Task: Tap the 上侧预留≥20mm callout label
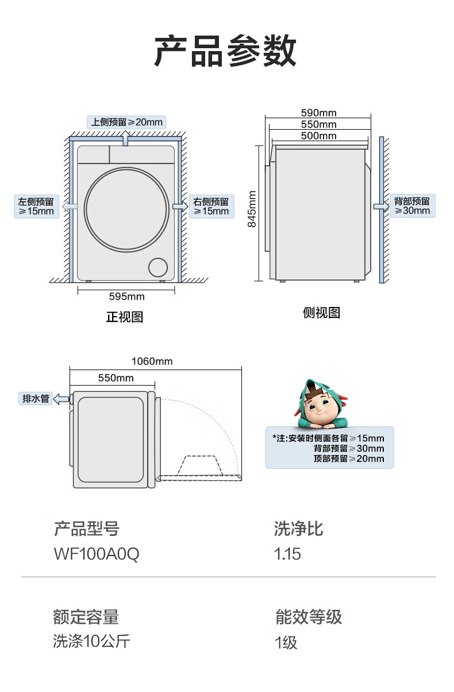tap(126, 122)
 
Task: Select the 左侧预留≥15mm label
tap(36, 207)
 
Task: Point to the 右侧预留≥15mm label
tap(211, 207)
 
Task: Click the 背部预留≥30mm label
tap(411, 206)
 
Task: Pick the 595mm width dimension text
tap(127, 297)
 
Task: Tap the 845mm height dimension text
tap(252, 208)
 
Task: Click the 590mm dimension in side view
tap(319, 112)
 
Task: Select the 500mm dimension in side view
tap(319, 136)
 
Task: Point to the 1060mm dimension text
tap(152, 361)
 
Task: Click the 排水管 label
tap(36, 398)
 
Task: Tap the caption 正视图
tap(125, 317)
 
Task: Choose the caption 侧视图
tap(321, 313)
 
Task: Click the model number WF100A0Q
tap(97, 554)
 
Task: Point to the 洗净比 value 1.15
tap(288, 554)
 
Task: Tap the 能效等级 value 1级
tap(286, 642)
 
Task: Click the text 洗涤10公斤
tap(91, 641)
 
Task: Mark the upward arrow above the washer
tap(126, 134)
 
